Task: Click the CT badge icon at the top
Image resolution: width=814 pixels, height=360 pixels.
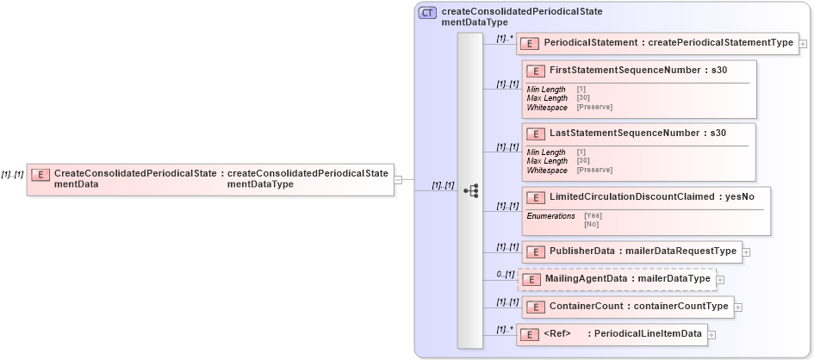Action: click(427, 13)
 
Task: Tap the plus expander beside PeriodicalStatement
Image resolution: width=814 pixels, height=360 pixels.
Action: click(803, 43)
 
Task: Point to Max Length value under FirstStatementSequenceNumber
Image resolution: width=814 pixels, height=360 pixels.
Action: click(582, 98)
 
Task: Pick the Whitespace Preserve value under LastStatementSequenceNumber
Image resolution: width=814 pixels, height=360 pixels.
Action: click(594, 171)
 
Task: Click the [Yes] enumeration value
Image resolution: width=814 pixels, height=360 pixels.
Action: click(593, 215)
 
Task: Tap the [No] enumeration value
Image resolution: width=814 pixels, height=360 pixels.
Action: click(591, 224)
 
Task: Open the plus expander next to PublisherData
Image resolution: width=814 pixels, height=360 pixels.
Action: click(747, 252)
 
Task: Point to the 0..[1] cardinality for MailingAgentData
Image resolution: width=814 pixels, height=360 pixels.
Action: click(505, 275)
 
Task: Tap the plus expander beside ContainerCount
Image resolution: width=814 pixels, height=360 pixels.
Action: click(738, 307)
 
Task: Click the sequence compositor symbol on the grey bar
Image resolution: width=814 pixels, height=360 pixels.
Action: click(470, 191)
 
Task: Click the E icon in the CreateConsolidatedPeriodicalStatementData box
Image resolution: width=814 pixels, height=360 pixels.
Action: click(40, 175)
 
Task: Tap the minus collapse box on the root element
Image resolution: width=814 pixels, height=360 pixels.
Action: click(398, 179)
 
